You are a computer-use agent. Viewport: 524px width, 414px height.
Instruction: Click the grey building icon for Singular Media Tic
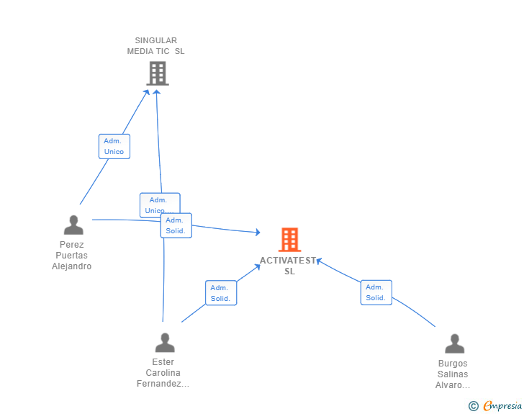point(157,73)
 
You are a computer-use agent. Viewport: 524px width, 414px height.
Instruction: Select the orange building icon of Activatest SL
point(289,240)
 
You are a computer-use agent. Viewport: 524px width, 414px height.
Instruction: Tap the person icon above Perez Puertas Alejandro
point(73,225)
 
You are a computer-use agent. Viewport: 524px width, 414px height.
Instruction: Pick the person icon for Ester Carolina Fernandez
point(165,343)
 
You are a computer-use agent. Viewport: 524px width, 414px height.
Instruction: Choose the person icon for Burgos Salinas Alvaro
point(454,344)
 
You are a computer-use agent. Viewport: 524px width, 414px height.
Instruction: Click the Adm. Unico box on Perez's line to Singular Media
point(114,146)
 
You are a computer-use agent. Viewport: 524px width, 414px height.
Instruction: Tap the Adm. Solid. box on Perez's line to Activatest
point(176,226)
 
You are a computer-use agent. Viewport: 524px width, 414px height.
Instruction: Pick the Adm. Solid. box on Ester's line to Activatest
point(220,293)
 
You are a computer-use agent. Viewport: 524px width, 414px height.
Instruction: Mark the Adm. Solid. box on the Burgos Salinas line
point(376,292)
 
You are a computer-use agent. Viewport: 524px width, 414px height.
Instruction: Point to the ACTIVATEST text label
point(289,261)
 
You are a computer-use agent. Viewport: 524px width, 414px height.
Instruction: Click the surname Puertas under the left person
point(72,256)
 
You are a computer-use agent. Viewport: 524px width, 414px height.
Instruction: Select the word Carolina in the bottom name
point(163,373)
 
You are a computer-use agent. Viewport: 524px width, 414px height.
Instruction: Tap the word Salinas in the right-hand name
point(453,374)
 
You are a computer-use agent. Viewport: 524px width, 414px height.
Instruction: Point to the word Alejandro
point(72,266)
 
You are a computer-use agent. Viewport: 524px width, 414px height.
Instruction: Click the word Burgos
point(453,364)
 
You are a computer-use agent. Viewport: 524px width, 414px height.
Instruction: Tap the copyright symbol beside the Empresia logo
point(473,406)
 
